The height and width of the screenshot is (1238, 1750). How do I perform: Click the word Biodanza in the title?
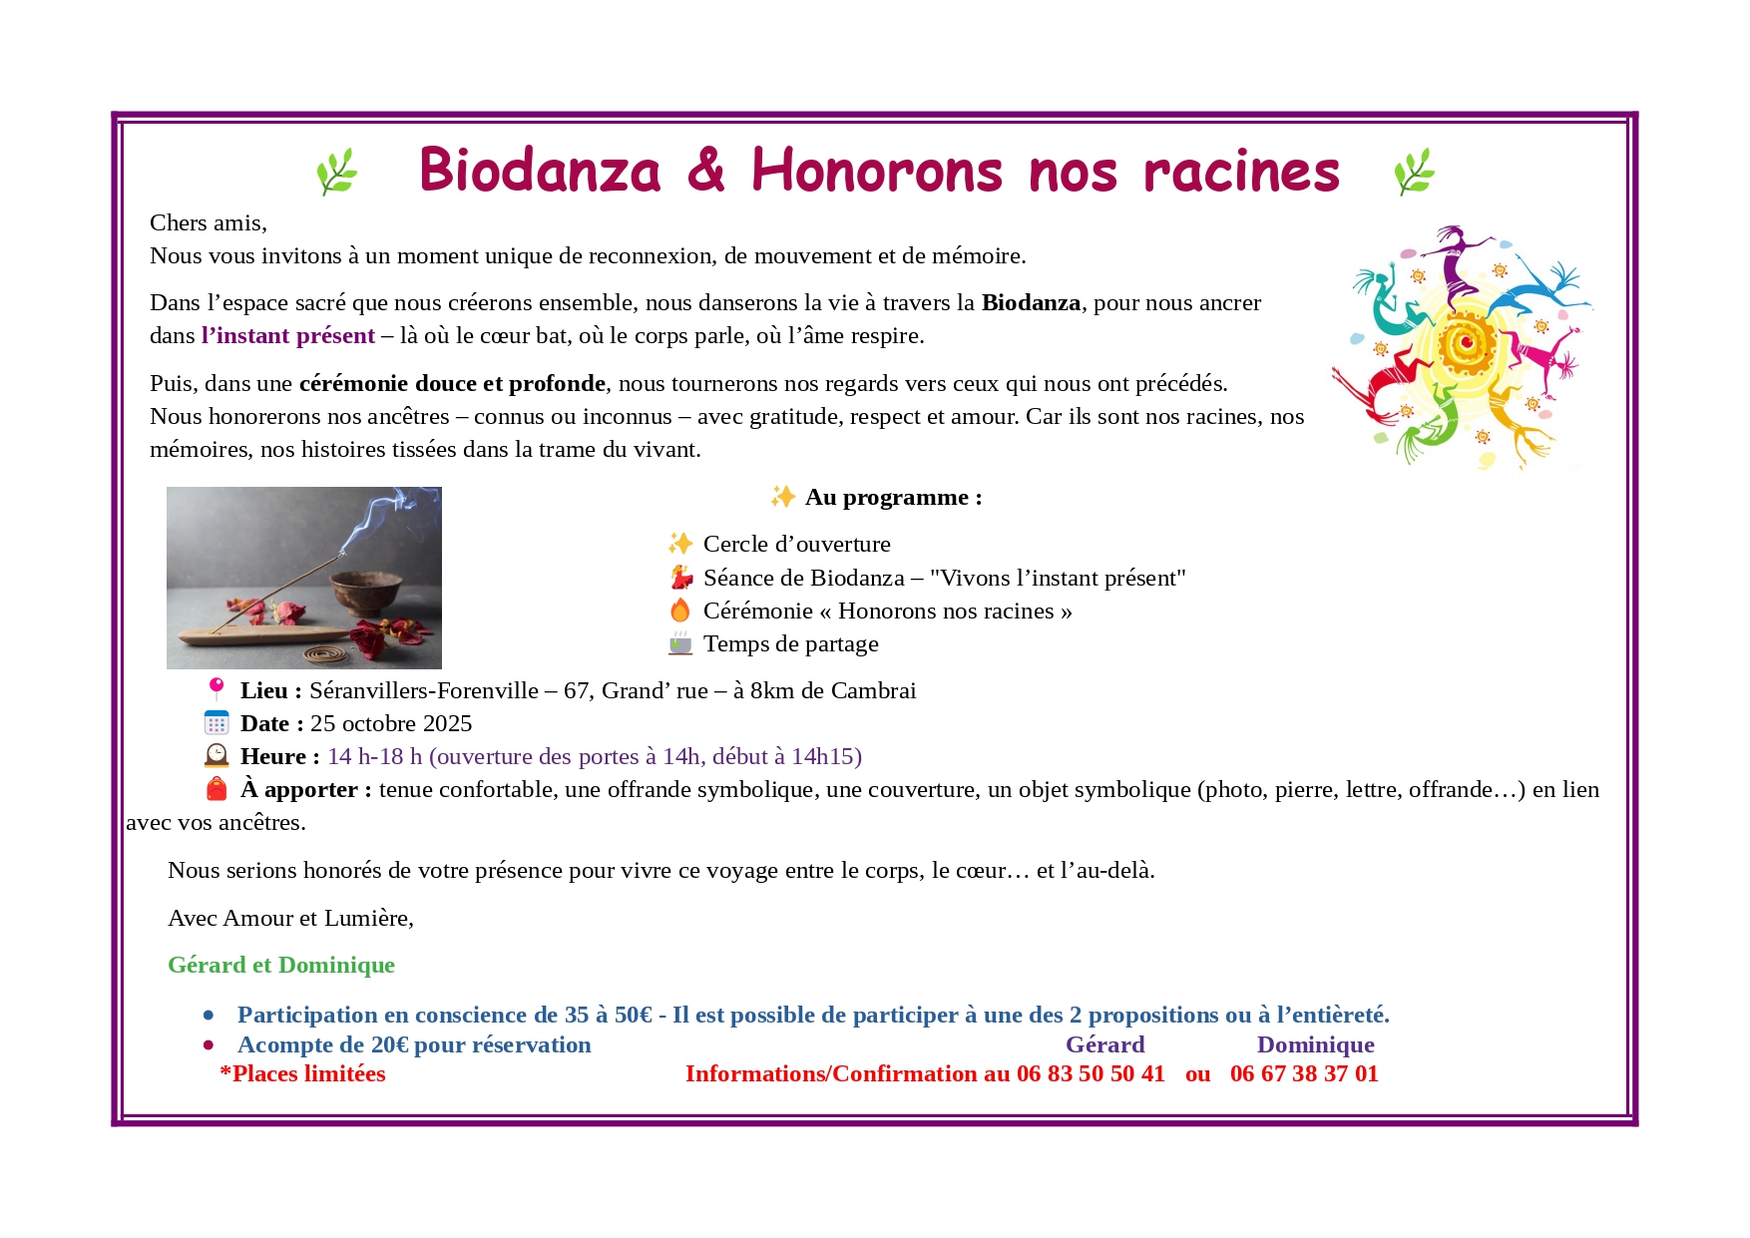click(540, 171)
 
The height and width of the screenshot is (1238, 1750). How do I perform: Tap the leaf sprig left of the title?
click(336, 172)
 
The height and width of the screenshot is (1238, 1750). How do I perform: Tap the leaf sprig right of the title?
click(1414, 172)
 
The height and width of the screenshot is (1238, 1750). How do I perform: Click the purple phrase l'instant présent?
click(288, 336)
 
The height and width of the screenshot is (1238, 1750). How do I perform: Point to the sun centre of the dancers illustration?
click(1466, 343)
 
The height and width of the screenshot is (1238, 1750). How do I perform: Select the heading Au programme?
click(893, 498)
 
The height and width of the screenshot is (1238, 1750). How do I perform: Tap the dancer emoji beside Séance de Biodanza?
click(680, 578)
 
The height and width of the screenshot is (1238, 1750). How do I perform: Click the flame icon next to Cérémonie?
click(680, 611)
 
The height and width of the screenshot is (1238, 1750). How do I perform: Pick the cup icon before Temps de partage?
click(680, 643)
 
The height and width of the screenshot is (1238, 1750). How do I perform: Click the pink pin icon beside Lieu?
click(217, 689)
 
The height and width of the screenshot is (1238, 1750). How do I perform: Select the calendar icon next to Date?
click(217, 723)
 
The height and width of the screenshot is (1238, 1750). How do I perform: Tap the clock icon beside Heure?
click(217, 756)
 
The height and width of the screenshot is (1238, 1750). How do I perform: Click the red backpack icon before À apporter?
click(217, 789)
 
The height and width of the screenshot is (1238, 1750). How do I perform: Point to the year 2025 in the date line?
click(446, 724)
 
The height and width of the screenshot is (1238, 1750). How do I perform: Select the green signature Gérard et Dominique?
click(281, 966)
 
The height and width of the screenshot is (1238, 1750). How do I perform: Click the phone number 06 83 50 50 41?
click(1091, 1074)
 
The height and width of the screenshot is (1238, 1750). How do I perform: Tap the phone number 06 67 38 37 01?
click(1304, 1074)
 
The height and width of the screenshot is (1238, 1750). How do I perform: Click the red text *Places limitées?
click(302, 1074)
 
